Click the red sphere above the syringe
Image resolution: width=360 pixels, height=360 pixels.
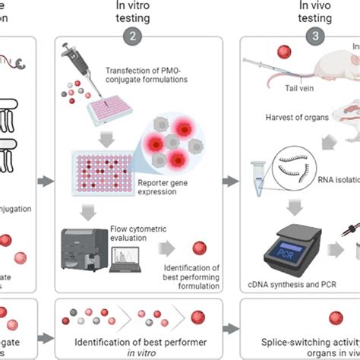[283, 52]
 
